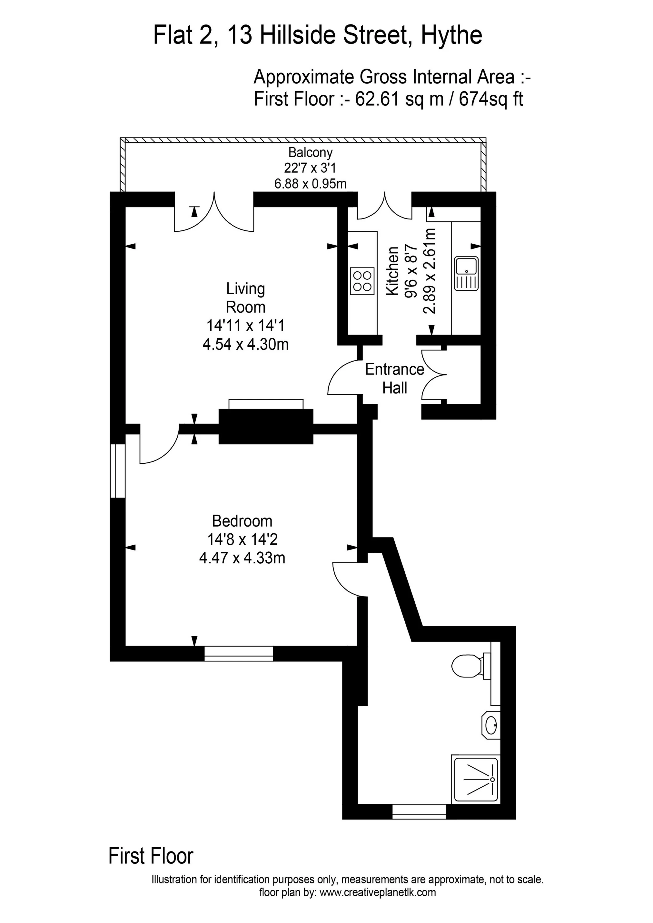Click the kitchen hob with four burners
(x=362, y=281)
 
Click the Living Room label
(x=245, y=298)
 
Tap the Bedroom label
(x=242, y=521)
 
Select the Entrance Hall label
(x=394, y=378)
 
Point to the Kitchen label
(x=392, y=272)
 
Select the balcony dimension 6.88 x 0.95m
(x=310, y=184)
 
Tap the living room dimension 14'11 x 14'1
(x=245, y=325)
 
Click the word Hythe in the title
(x=451, y=35)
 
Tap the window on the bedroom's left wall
(x=117, y=471)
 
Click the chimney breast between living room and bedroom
(x=265, y=426)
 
